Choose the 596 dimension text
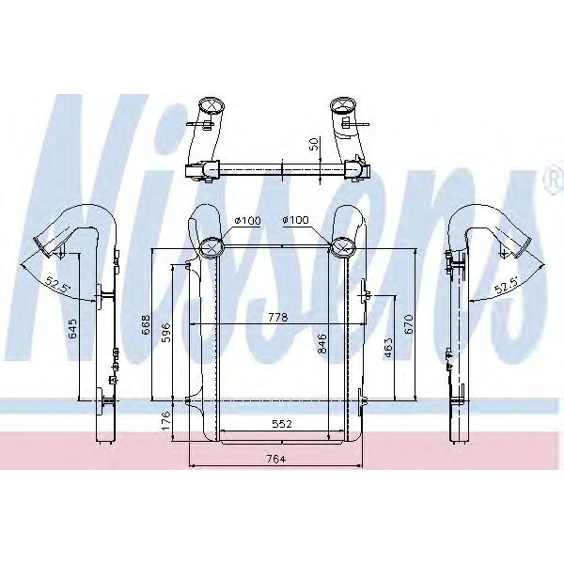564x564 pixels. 165,334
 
